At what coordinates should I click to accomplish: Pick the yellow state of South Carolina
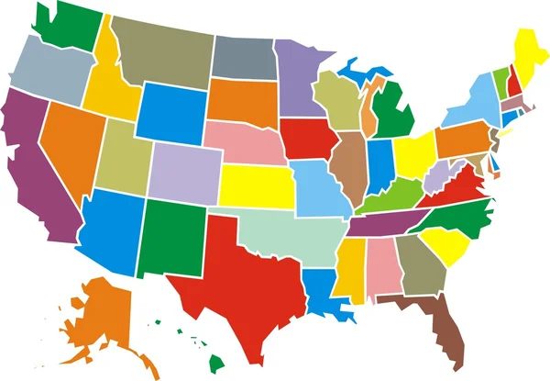pyautogui.click(x=449, y=243)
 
